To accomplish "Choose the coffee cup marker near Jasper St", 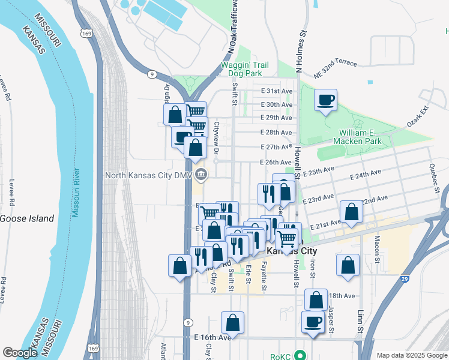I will pos(313,322).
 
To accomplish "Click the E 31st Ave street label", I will pos(277,91).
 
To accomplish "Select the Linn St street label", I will pos(360,321).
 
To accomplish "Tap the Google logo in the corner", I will pos(20,353).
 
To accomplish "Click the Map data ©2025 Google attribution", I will pos(411,355).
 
